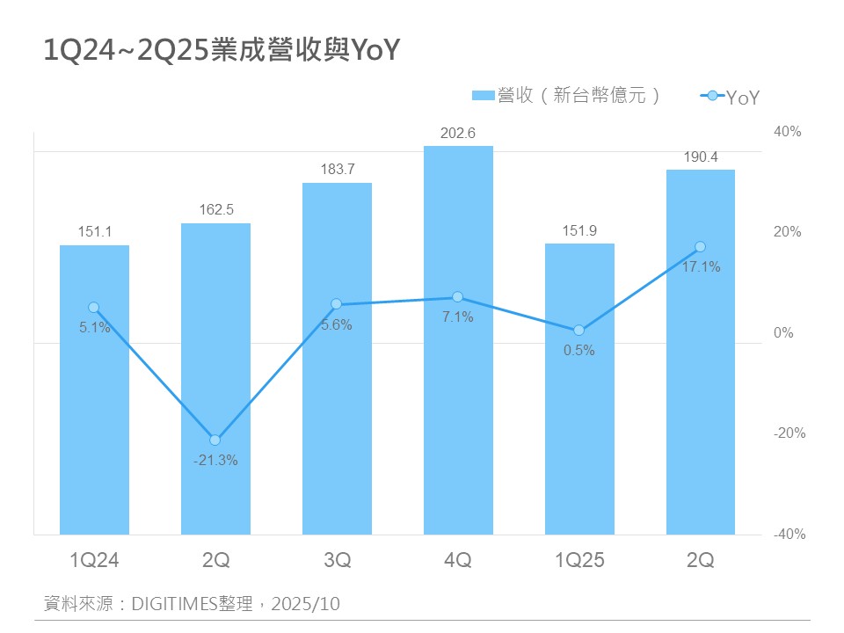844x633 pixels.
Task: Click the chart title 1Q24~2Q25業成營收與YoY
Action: point(222,51)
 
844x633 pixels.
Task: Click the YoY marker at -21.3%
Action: point(215,440)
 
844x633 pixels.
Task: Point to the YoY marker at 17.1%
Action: point(701,246)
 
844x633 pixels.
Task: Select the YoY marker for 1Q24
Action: point(94,308)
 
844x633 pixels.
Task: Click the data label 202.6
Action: point(458,134)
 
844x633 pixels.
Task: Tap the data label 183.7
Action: point(337,170)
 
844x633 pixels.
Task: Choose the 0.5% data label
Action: point(579,350)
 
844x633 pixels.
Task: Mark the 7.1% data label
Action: point(458,316)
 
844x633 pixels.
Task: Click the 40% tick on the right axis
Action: point(788,132)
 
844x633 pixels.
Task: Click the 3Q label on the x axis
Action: point(337,560)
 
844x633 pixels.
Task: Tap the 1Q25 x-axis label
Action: point(579,560)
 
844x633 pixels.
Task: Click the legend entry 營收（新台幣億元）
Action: point(567,96)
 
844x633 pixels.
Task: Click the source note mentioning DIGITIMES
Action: point(192,604)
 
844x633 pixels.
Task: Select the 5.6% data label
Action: point(337,324)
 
